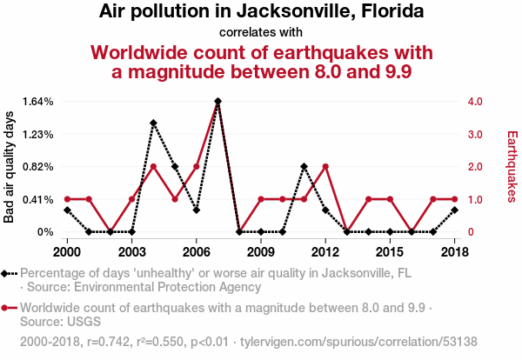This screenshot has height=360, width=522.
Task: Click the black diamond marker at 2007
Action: click(x=218, y=101)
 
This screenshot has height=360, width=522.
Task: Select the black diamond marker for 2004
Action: click(x=153, y=123)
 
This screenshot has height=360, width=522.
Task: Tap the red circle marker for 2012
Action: click(x=325, y=166)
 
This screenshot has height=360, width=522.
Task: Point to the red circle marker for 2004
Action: click(x=153, y=166)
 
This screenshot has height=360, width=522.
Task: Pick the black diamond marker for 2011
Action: click(x=304, y=166)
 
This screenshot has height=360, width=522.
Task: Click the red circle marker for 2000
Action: click(x=67, y=199)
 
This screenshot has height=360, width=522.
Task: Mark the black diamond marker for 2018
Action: click(x=455, y=210)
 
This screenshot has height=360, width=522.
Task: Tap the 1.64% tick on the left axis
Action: click(x=37, y=101)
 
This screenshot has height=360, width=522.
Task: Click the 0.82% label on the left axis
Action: click(x=37, y=166)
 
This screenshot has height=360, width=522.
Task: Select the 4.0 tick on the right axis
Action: click(x=475, y=101)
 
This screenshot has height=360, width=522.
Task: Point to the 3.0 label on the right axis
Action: click(x=475, y=135)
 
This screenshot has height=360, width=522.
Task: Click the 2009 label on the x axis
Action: click(x=261, y=252)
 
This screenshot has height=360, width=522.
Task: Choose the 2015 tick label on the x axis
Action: click(x=390, y=252)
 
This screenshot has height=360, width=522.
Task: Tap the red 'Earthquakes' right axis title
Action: click(x=512, y=166)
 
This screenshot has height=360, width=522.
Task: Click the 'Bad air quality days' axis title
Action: click(x=9, y=167)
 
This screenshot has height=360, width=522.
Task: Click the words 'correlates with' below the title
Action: click(x=261, y=32)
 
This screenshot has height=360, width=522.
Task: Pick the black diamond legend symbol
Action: click(x=9, y=274)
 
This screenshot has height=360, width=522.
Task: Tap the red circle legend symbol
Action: click(x=9, y=308)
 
